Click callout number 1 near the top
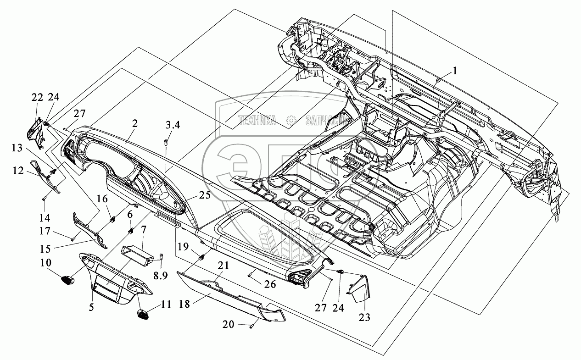[x=454, y=71]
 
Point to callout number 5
[x=91, y=308]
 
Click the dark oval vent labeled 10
[x=68, y=278]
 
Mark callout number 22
[x=37, y=97]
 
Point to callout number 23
[x=365, y=316]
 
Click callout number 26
[x=271, y=284]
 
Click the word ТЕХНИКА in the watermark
[x=257, y=121]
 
